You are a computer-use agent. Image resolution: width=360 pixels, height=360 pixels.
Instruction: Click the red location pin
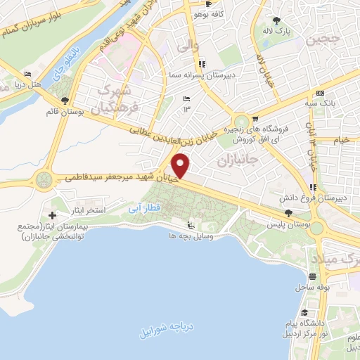click(x=181, y=165)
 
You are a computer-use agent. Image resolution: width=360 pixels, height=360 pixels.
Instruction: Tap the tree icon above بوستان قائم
click(x=65, y=101)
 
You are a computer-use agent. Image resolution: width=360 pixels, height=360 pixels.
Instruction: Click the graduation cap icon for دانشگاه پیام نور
click(x=305, y=313)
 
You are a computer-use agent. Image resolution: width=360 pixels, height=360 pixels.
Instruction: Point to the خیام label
click(x=342, y=141)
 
